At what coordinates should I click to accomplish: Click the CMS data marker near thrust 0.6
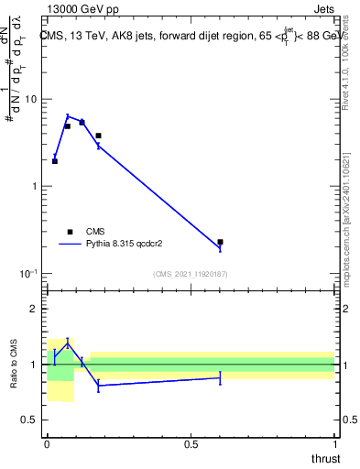tap(220, 242)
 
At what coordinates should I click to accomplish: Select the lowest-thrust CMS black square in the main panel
tap(55, 161)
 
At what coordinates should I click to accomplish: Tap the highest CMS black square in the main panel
tap(82, 122)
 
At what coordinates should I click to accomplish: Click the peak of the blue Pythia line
tap(68, 115)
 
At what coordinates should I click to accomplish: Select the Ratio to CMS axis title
tap(15, 365)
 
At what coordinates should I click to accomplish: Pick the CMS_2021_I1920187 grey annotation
tap(191, 274)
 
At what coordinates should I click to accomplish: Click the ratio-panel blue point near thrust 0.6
tap(220, 377)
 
